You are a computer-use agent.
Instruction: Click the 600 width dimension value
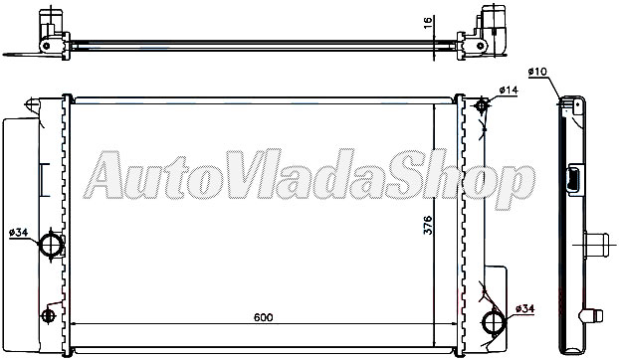(262, 317)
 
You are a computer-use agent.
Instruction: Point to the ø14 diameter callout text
(508, 91)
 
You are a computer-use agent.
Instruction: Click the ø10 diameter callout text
(537, 71)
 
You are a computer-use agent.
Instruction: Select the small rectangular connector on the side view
(575, 181)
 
